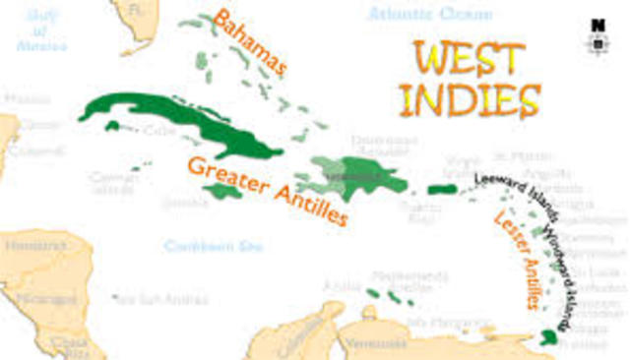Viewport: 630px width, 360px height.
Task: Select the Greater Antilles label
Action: point(267,190)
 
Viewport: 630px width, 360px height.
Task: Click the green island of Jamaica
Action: point(225,192)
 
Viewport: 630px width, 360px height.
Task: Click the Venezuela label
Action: point(374,343)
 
